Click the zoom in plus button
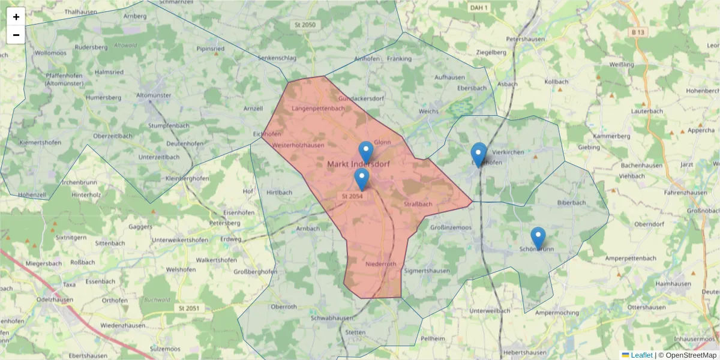pyautogui.click(x=16, y=17)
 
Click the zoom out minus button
pyautogui.click(x=16, y=35)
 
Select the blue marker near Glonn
pyautogui.click(x=366, y=151)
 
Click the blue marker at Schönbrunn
pyautogui.click(x=538, y=237)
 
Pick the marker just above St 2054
pyautogui.click(x=361, y=178)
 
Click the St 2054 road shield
pyautogui.click(x=352, y=196)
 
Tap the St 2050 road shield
pyautogui.click(x=305, y=25)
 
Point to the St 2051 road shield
pyautogui.click(x=188, y=308)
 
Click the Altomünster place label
pyautogui.click(x=154, y=95)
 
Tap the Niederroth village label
pyautogui.click(x=381, y=264)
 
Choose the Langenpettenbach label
pyautogui.click(x=318, y=109)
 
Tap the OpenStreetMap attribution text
pyautogui.click(x=691, y=355)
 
